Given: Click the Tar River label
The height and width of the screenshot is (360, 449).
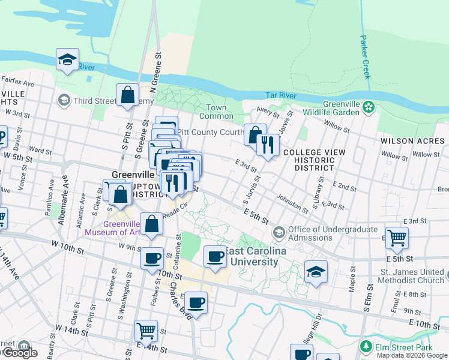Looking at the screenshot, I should [281, 96].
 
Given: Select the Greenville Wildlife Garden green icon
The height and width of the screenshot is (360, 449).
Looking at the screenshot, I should [368, 107].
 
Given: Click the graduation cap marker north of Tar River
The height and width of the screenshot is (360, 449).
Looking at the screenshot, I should [68, 59].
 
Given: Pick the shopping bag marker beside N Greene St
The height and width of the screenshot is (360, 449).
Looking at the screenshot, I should [128, 95].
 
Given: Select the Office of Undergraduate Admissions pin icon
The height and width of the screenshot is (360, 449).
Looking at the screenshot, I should [279, 232].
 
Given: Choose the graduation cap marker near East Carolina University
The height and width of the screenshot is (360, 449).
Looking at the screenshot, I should [316, 272].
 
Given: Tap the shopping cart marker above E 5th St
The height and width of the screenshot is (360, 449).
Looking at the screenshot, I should [397, 238].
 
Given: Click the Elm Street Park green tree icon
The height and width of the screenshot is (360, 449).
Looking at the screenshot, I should [366, 347].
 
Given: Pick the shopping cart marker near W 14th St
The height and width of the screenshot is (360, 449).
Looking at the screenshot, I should [146, 330].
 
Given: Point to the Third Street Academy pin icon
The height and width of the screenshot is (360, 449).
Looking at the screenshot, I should [63, 100].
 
